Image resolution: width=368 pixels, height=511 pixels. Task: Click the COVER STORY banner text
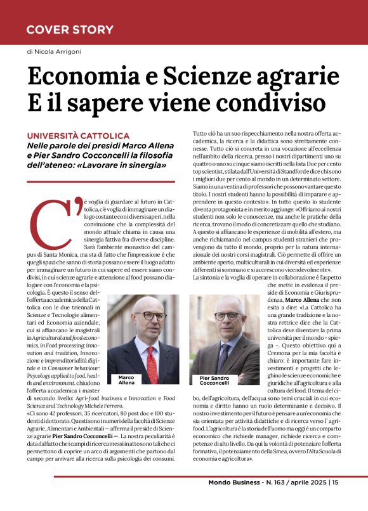[70, 30]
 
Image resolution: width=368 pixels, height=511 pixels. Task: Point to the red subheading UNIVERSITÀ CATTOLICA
[78, 136]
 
